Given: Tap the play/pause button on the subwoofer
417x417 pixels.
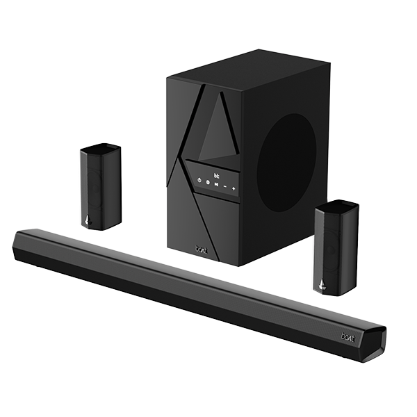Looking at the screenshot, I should pyautogui.click(x=216, y=185).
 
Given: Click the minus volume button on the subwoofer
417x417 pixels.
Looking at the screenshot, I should pyautogui.click(x=225, y=186).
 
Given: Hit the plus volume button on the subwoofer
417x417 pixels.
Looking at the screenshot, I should pyautogui.click(x=234, y=188).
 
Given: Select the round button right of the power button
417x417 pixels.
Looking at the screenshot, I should pyautogui.click(x=208, y=183).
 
